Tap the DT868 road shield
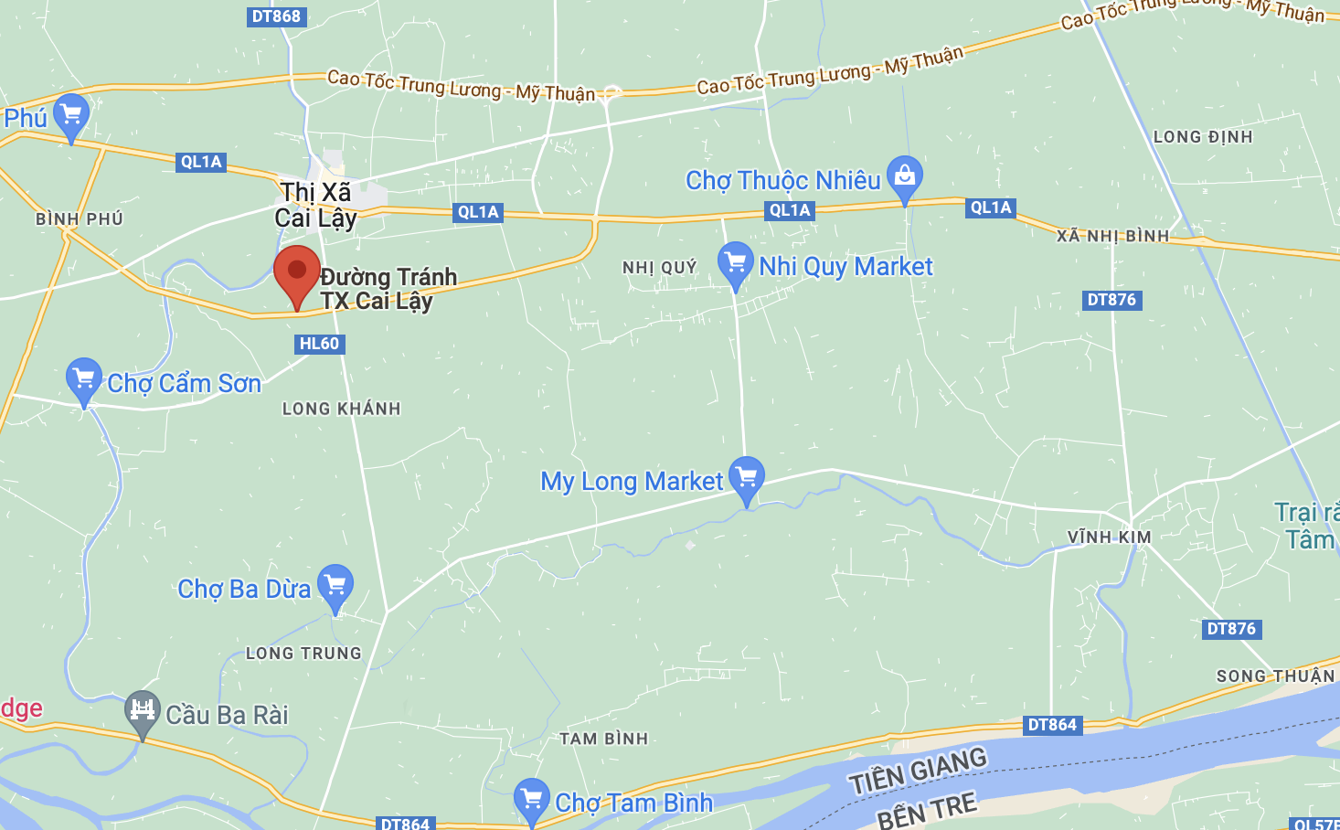tap(275, 16)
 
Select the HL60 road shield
tap(320, 344)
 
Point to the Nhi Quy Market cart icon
tap(735, 262)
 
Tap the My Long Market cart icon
tap(747, 477)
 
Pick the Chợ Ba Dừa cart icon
tap(335, 584)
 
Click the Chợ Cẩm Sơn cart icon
tap(84, 378)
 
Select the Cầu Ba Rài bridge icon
tap(142, 710)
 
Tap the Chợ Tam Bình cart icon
tap(531, 799)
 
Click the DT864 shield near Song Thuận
tap(1052, 725)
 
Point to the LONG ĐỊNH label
tap(1203, 137)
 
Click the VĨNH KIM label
tap(1109, 537)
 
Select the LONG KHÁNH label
tap(341, 409)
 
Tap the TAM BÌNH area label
tap(603, 739)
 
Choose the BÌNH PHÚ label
tap(80, 219)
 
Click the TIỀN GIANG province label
tap(918, 771)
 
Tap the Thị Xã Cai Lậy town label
tap(316, 205)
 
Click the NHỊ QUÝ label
tap(659, 268)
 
